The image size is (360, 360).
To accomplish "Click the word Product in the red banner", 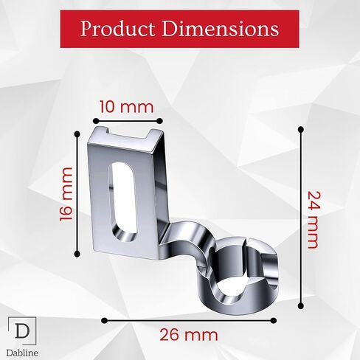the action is tap(117, 30).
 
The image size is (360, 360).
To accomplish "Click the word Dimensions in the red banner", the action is tap(221, 29).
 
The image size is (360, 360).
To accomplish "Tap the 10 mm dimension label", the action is tap(126, 108).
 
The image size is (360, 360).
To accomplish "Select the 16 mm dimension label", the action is tap(66, 194).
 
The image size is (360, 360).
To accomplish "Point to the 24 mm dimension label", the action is tap(314, 220).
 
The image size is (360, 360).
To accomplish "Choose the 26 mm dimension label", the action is tap(189, 335).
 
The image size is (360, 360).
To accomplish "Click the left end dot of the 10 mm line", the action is tap(96, 121).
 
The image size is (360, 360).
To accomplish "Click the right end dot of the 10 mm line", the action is tap(159, 121).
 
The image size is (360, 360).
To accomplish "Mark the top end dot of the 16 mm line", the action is tap(77, 134).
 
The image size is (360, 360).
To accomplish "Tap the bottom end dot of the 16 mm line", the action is tap(77, 254).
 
